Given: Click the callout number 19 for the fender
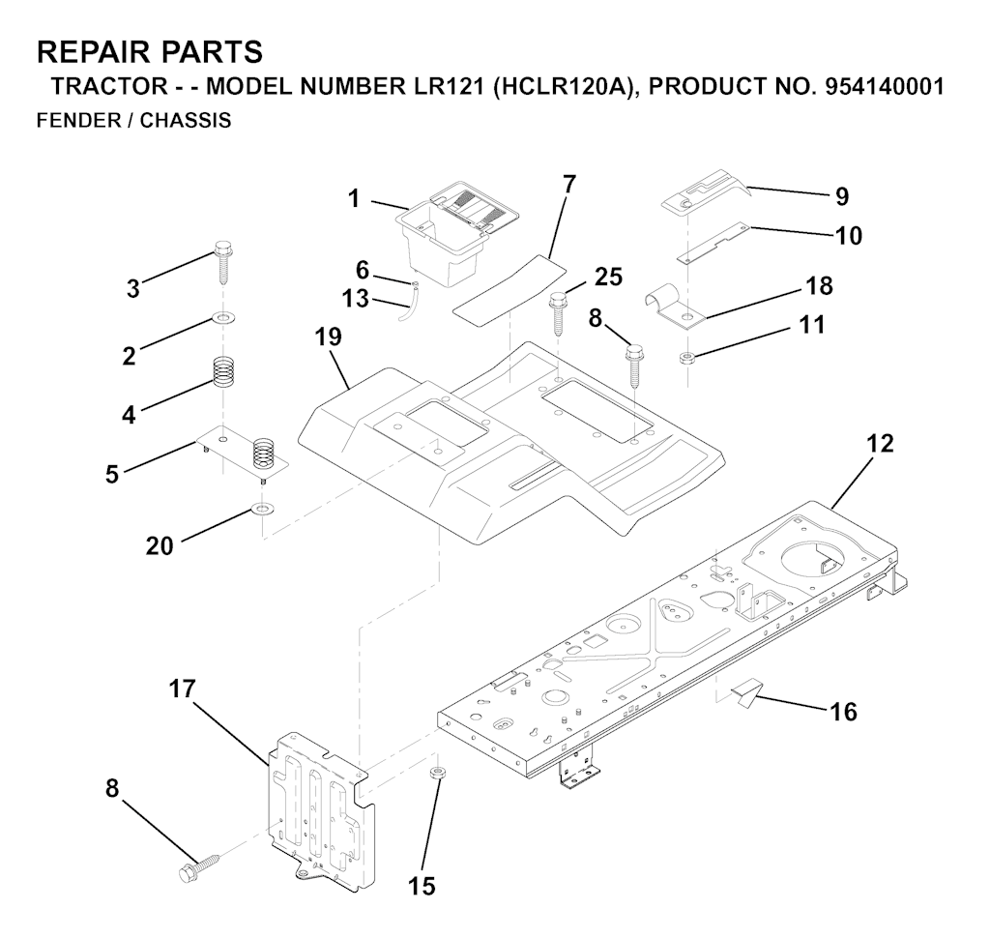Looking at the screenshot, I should (x=329, y=339).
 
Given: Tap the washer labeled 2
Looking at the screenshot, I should (x=222, y=318).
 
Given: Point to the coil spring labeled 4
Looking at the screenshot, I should (x=224, y=372).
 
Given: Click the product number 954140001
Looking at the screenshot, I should (x=885, y=86).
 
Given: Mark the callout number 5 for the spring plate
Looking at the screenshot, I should (x=114, y=474).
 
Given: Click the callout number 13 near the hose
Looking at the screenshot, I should (x=356, y=299).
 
